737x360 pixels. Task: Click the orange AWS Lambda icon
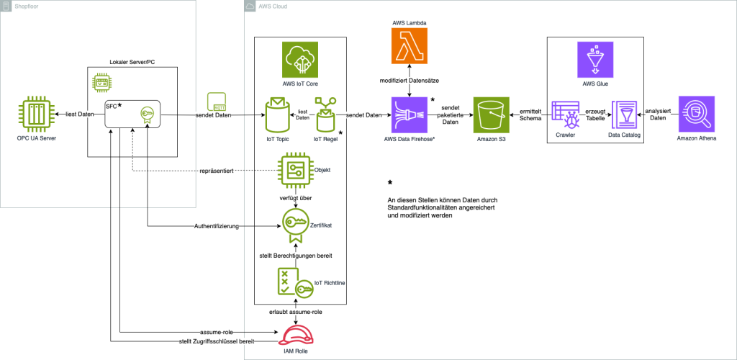point(410,48)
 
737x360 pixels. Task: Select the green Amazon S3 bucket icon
point(492,115)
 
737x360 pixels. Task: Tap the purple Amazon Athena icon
point(696,115)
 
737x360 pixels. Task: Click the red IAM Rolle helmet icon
point(300,336)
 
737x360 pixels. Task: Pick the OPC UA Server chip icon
point(37,115)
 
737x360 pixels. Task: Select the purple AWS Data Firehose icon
point(410,115)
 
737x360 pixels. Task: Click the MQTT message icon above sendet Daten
point(217,102)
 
